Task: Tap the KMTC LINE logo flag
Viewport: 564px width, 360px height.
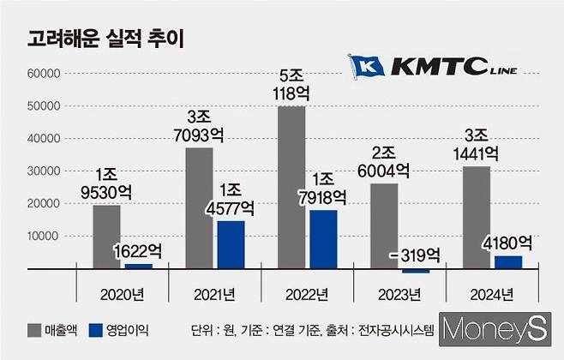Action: (x=367, y=66)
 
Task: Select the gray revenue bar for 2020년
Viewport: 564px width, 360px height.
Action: (x=106, y=237)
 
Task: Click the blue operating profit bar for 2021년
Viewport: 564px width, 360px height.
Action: (x=231, y=244)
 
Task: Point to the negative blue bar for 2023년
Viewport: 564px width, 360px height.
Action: (x=416, y=271)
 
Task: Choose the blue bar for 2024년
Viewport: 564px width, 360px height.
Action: (x=507, y=261)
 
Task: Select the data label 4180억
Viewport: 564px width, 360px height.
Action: (x=508, y=243)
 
